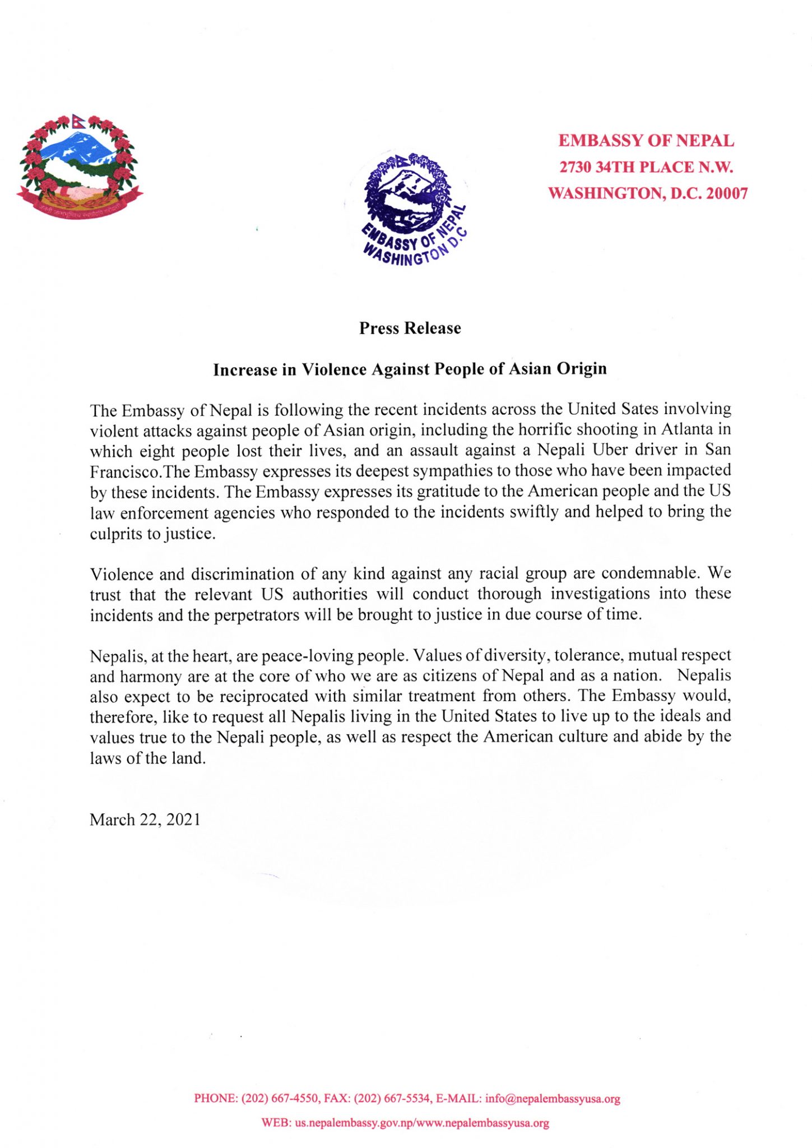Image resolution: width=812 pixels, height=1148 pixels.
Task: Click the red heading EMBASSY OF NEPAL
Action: pyautogui.click(x=646, y=140)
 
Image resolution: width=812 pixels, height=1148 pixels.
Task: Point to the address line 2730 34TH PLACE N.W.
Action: pyautogui.click(x=646, y=167)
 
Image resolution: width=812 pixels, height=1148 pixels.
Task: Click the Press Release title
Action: pyautogui.click(x=410, y=328)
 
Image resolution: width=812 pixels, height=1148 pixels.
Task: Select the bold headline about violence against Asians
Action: pyautogui.click(x=410, y=369)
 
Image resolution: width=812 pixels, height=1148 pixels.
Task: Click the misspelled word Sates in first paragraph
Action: pyautogui.click(x=637, y=409)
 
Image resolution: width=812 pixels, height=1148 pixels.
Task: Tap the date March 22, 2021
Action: pyautogui.click(x=145, y=820)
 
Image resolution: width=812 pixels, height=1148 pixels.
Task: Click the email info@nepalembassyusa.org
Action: pyautogui.click(x=553, y=1099)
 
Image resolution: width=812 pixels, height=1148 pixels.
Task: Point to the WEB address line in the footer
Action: pyautogui.click(x=405, y=1123)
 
